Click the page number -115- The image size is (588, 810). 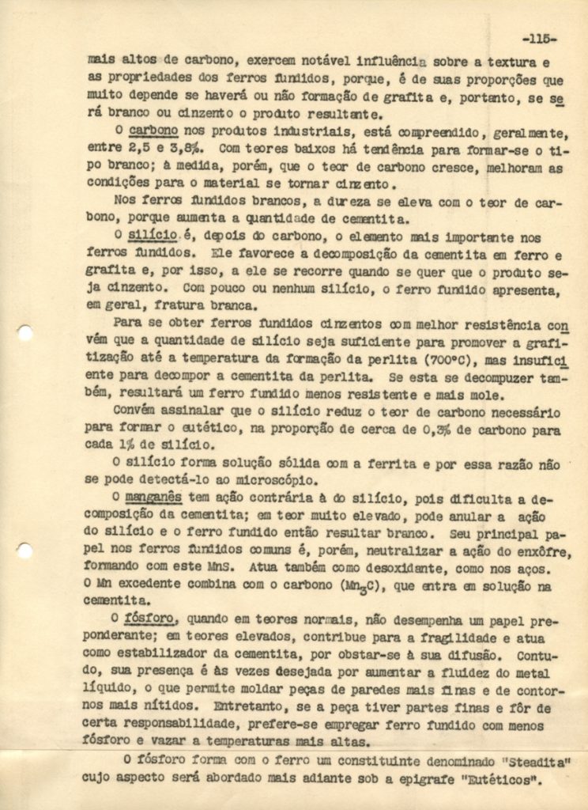[x=540, y=38]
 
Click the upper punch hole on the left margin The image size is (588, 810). [x=24, y=333]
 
